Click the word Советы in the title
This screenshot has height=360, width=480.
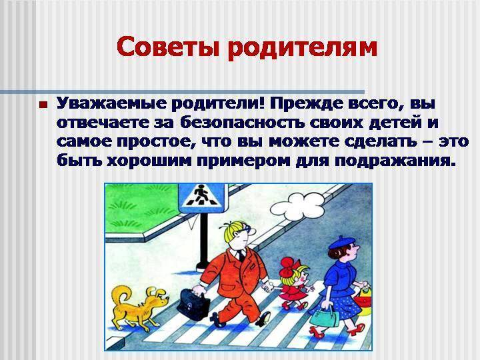(x=168, y=47)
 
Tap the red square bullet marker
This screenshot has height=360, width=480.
(x=43, y=105)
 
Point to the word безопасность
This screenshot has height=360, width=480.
(x=242, y=123)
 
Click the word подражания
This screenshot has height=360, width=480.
(x=395, y=161)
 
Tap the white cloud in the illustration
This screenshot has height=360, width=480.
(x=297, y=207)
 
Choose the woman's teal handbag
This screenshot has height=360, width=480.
(x=325, y=316)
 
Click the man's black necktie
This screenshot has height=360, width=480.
(x=242, y=256)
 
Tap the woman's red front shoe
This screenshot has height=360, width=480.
(x=317, y=333)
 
